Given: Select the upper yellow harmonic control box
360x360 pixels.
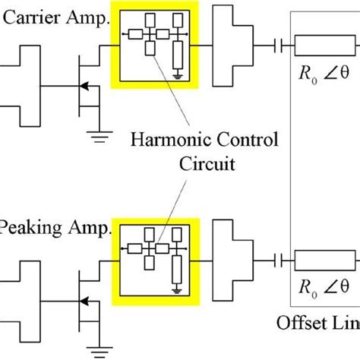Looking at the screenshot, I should click(154, 44).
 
